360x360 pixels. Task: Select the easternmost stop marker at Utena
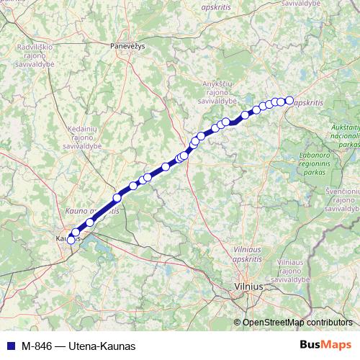[289, 101]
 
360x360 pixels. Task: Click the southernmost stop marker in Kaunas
[71, 240]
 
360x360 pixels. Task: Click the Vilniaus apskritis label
[252, 253]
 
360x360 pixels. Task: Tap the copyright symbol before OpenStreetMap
[237, 323]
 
